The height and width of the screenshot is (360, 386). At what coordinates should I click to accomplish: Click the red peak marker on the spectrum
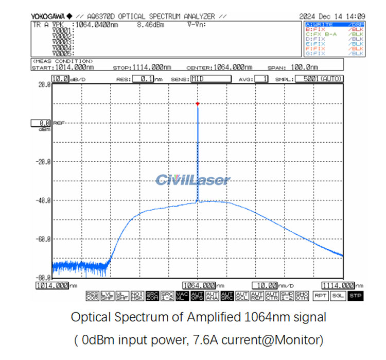[197, 104]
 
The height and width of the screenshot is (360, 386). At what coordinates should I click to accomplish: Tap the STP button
[355, 296]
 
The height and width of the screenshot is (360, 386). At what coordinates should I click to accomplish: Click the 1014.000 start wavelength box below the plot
[52, 285]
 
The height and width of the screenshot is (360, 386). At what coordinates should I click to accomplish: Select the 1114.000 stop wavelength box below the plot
[338, 285]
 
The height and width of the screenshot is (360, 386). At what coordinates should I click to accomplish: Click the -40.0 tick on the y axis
[43, 200]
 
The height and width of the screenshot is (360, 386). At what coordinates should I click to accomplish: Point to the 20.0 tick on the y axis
[44, 85]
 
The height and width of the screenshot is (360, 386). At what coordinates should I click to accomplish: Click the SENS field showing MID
[210, 79]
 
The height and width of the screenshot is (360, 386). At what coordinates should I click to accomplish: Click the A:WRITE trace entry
[320, 24]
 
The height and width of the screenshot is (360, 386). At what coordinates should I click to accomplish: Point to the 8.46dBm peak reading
[148, 24]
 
